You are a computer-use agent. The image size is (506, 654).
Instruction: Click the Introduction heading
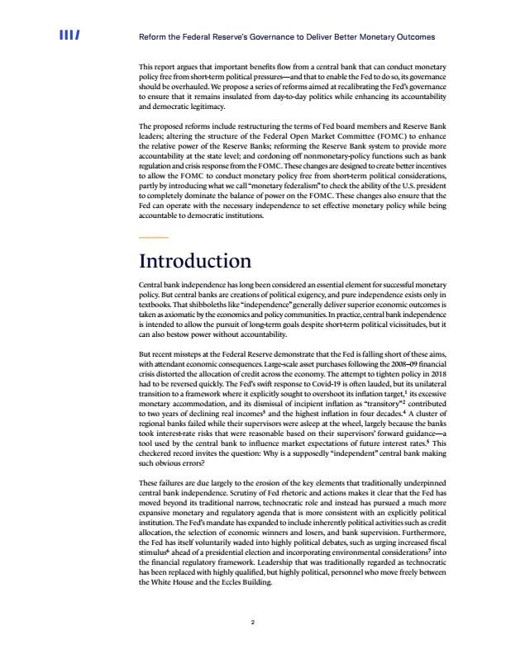(x=194, y=262)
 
